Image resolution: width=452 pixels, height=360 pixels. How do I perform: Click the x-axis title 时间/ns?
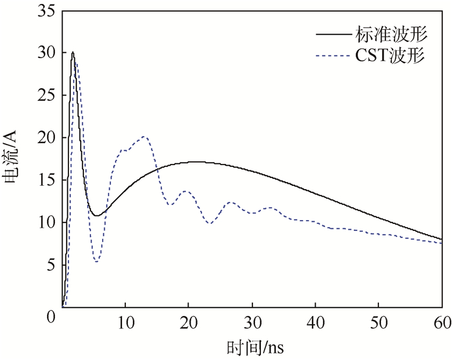[252, 347]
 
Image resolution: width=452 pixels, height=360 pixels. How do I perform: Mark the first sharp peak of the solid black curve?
[73, 52]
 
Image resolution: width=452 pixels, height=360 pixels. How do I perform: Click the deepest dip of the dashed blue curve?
[96, 261]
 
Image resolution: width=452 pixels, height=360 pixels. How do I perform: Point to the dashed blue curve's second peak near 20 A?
[143, 137]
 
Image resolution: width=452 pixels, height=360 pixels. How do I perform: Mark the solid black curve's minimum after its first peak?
[96, 215]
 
